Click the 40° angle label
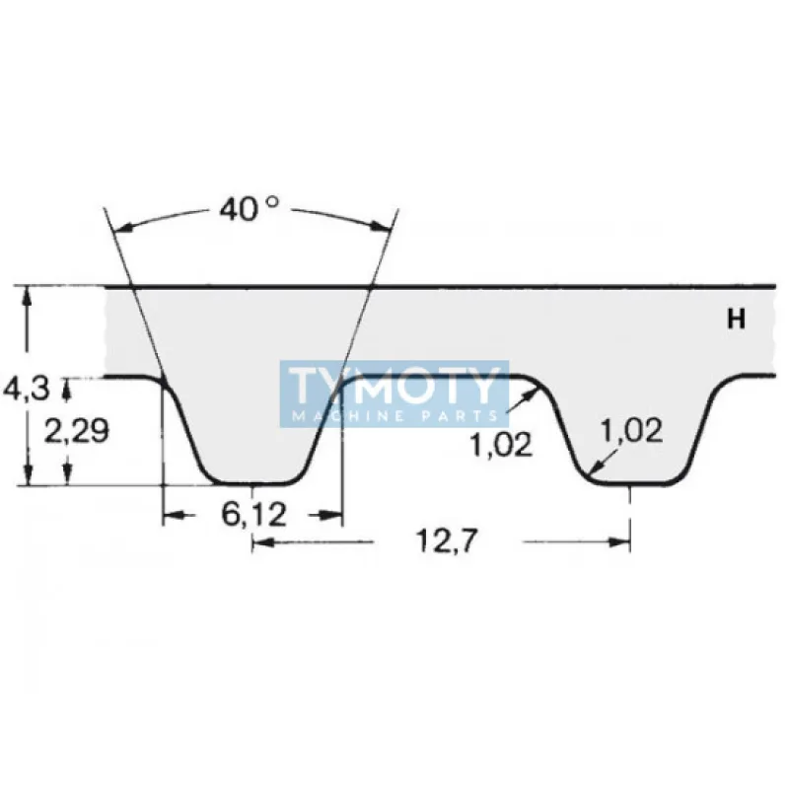pyautogui.click(x=248, y=208)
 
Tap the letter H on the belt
pyautogui.click(x=736, y=319)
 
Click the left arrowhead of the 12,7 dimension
pyautogui.click(x=259, y=540)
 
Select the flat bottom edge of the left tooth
pyautogui.click(x=252, y=484)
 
